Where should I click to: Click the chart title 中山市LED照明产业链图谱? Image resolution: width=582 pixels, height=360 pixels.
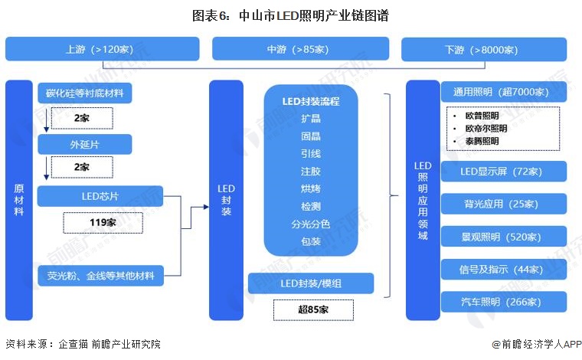(x=290, y=15)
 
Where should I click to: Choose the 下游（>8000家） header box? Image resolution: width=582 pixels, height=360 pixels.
(x=484, y=49)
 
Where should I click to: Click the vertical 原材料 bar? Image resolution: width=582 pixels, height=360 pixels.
(x=19, y=200)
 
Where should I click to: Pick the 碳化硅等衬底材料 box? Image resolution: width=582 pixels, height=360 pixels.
(x=84, y=93)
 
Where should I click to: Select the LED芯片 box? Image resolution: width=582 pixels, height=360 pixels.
(x=100, y=196)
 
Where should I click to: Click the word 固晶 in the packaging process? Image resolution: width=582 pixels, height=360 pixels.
(x=310, y=136)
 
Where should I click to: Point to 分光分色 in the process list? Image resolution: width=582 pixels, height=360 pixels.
(x=310, y=224)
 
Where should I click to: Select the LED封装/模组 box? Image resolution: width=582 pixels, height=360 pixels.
(x=311, y=283)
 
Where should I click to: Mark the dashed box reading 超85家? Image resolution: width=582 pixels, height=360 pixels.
(x=313, y=309)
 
